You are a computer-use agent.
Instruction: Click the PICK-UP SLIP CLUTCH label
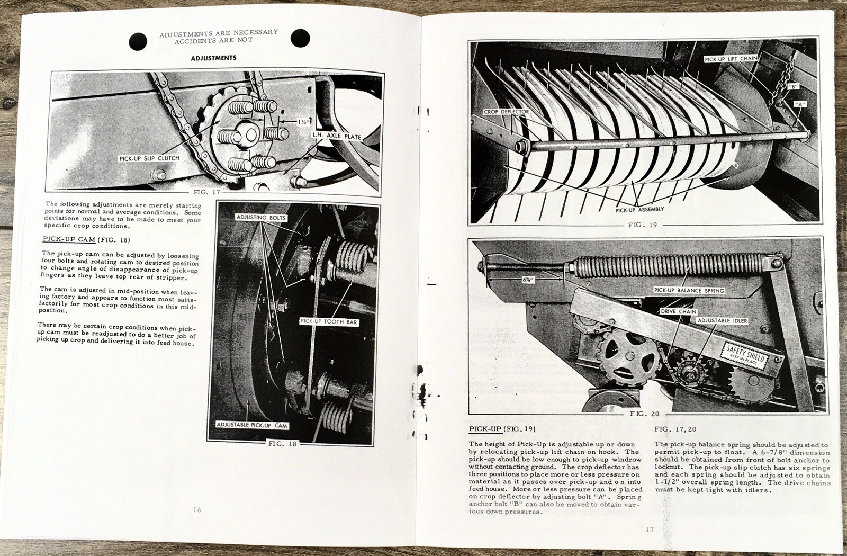coord(149,158)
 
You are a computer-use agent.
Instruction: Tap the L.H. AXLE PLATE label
coord(336,137)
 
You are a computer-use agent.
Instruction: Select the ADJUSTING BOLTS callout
coord(261,218)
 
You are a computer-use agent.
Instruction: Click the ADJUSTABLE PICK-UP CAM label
coord(251,425)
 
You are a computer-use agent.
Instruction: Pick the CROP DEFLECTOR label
coord(506,112)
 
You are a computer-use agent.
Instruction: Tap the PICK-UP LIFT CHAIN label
coord(731,59)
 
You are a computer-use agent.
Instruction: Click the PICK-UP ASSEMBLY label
coord(639,210)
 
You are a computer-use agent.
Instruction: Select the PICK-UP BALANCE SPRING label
coord(689,290)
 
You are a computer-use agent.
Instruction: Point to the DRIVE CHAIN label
coord(678,311)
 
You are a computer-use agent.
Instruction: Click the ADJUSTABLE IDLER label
coord(722,320)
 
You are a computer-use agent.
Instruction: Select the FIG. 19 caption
coord(642,225)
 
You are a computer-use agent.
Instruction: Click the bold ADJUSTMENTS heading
coord(213,58)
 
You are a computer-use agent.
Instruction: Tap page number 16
coord(197,510)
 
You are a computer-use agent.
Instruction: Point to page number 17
coord(650,529)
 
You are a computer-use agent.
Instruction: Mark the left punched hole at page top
coord(138,40)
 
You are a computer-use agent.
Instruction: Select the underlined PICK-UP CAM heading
coord(69,239)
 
